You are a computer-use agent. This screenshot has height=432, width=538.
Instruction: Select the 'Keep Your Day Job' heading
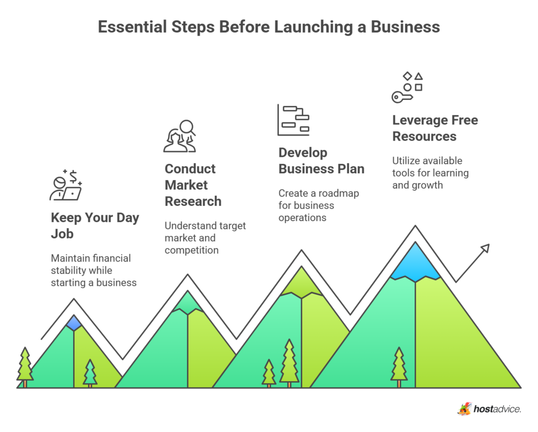pos(95,226)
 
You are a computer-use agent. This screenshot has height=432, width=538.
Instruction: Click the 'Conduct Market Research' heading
pos(193,185)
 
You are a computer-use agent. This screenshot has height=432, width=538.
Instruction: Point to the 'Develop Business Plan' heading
pos(321,161)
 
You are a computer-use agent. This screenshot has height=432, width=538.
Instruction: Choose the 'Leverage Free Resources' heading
pos(435,128)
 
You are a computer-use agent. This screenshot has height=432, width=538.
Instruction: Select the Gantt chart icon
pos(293,120)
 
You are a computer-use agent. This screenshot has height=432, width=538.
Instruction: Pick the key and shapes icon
pos(407,87)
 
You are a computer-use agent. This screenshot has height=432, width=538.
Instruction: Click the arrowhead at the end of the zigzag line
pos(484,248)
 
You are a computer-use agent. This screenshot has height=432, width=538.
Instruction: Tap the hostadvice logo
pos(490,409)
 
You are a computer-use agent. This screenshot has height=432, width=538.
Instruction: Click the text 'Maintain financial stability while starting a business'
pos(94,270)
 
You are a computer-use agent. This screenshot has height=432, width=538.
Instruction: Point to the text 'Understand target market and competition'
pos(205,238)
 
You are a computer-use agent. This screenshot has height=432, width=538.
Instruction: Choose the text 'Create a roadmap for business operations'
pos(318,205)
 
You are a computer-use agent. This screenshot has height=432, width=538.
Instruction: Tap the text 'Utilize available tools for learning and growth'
pos(430,173)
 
